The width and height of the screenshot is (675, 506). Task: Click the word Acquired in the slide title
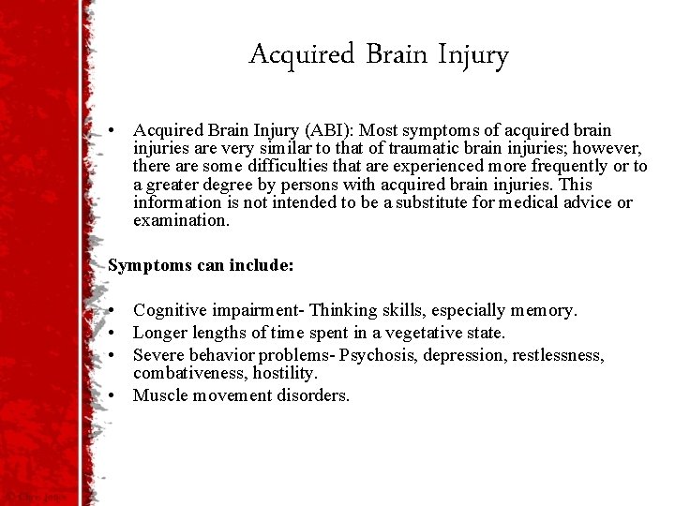pos(303,55)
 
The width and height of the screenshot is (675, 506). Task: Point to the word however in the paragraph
pos(610,148)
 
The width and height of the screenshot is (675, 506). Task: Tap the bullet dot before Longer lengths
pos(112,333)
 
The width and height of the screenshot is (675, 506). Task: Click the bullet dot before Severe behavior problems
pos(112,355)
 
